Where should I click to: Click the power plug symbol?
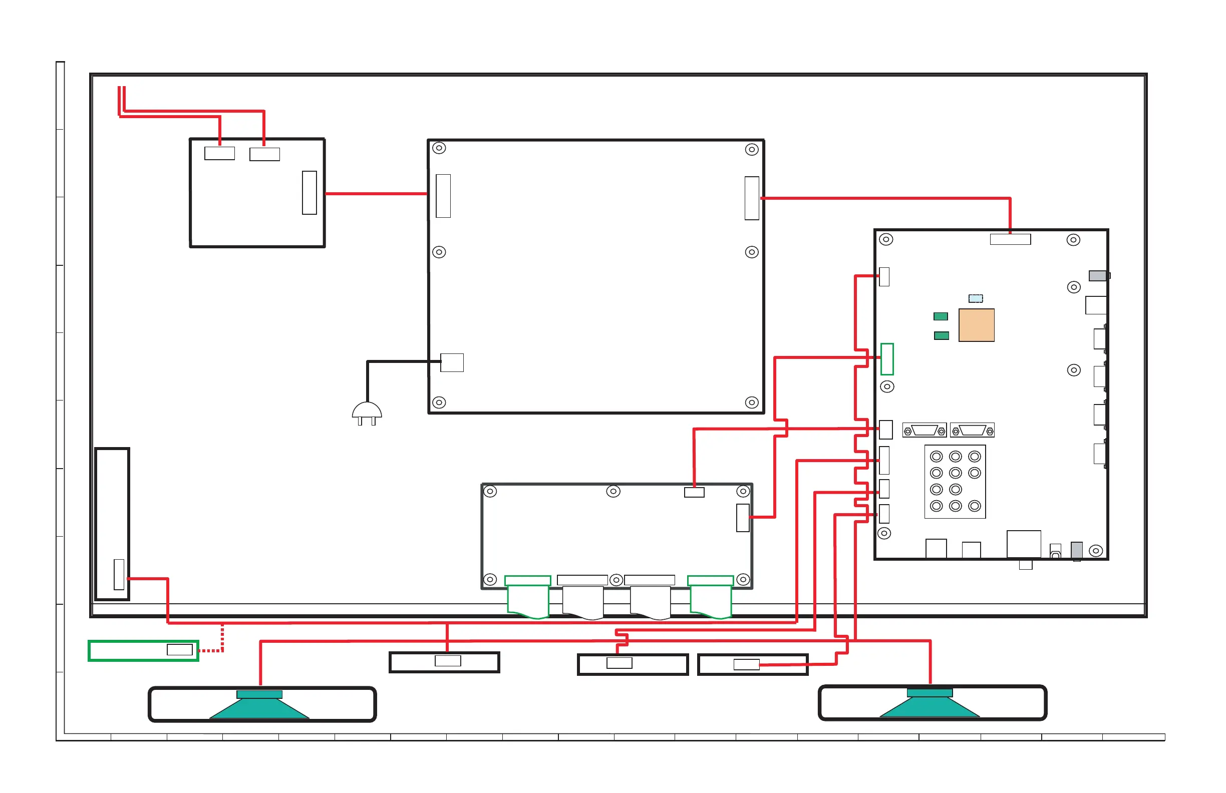367,413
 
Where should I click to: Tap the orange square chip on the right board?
976,325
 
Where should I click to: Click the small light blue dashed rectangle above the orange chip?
975,298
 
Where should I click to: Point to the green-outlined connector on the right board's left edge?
886,359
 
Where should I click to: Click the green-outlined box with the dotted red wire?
143,650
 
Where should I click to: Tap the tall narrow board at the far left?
112,524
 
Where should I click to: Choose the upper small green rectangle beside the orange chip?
940,316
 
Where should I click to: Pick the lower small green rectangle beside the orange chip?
941,336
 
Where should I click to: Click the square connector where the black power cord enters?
452,362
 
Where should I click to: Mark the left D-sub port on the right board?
924,430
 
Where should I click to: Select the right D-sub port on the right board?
972,430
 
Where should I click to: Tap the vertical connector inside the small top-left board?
309,193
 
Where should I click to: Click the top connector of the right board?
1010,239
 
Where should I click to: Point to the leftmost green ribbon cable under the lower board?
528,599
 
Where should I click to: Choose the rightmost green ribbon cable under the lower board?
710,599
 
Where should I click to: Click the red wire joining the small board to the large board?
376,194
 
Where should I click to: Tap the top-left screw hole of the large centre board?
439,148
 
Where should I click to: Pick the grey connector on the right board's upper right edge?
1098,276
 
